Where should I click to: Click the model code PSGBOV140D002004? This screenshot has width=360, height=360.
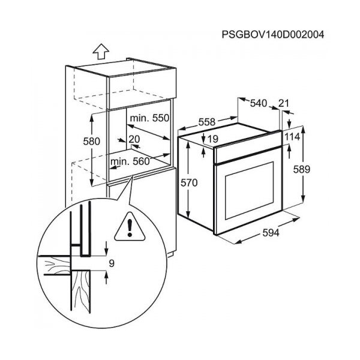(273, 35)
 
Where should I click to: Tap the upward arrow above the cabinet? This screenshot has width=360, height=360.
(101, 51)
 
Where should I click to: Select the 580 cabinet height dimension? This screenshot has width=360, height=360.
(91, 142)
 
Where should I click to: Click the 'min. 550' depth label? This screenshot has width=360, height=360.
(149, 118)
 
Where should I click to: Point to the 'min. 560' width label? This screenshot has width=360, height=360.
(130, 161)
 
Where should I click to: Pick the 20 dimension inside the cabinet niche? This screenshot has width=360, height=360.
(134, 139)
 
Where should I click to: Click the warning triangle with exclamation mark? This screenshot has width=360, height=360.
(130, 227)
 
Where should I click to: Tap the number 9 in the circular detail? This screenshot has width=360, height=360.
(112, 263)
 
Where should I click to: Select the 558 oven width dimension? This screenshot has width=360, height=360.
(207, 122)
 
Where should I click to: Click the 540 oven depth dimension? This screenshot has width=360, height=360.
(259, 103)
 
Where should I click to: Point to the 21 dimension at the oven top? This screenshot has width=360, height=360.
(283, 103)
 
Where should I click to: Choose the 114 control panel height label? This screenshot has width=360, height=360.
(292, 137)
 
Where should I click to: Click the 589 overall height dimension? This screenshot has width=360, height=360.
(302, 169)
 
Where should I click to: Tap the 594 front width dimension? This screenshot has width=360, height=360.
(271, 233)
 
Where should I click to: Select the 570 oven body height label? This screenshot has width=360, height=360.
(189, 183)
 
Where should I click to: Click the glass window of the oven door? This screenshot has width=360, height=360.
(250, 190)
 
